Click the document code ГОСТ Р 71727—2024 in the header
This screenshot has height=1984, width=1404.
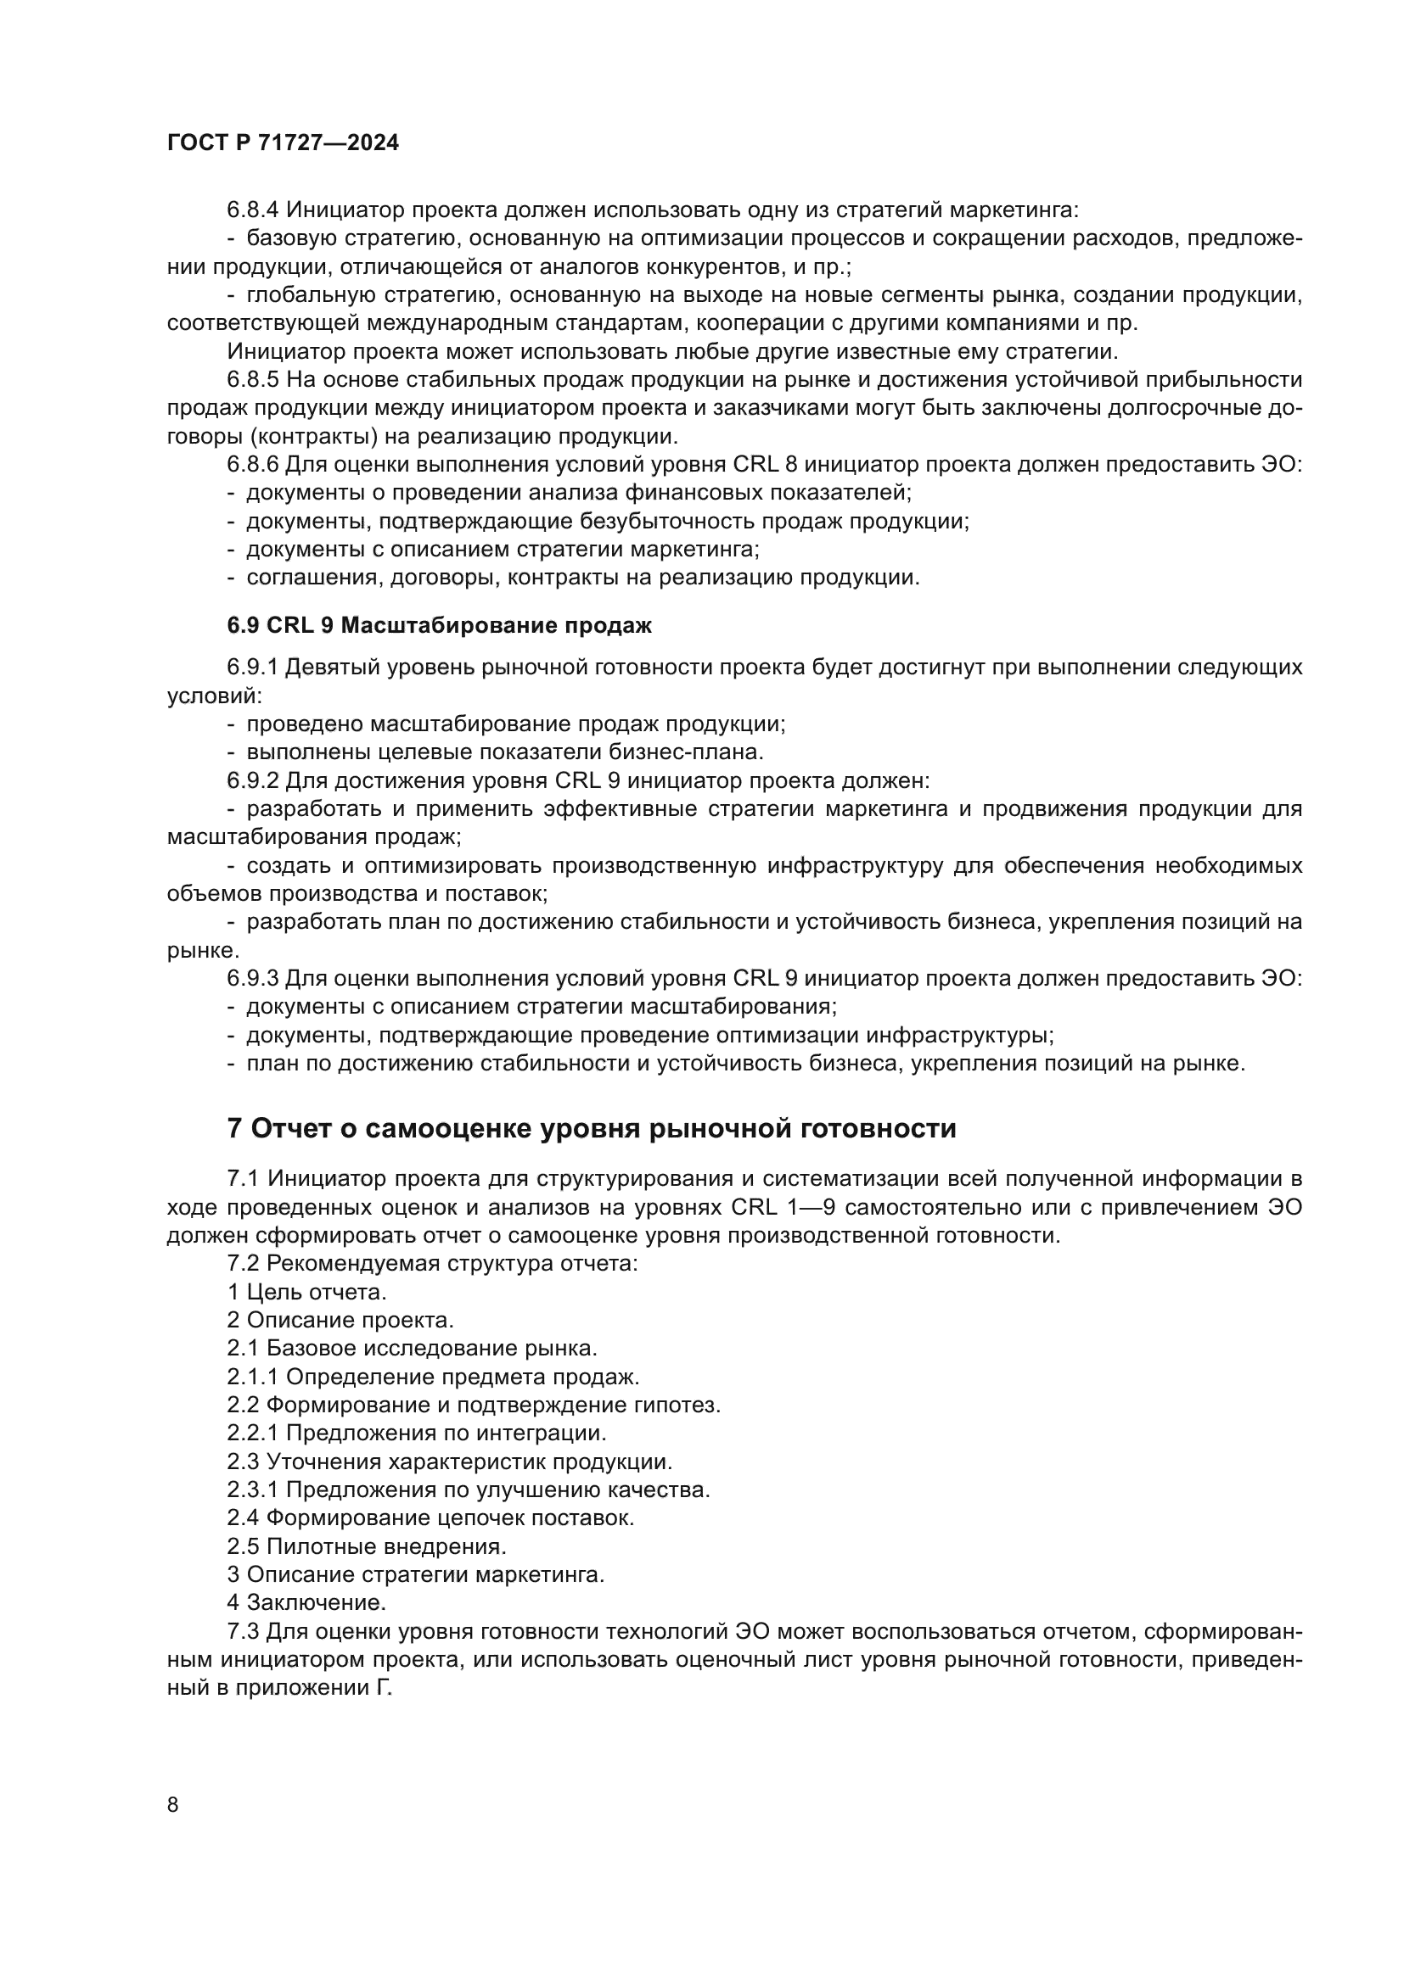pyautogui.click(x=283, y=143)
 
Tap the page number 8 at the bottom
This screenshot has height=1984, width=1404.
pyautogui.click(x=173, y=1804)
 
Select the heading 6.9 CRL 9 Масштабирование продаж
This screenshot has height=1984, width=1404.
pyautogui.click(x=439, y=626)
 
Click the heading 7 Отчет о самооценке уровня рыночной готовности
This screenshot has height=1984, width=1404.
pyautogui.click(x=592, y=1128)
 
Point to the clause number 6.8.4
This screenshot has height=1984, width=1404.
pyautogui.click(x=252, y=210)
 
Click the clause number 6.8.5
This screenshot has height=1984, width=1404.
pyautogui.click(x=252, y=379)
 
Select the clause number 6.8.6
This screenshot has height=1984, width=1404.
pyautogui.click(x=252, y=464)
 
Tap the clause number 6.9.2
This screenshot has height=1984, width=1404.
pyautogui.click(x=252, y=780)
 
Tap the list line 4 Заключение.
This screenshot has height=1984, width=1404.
pyautogui.click(x=306, y=1602)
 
